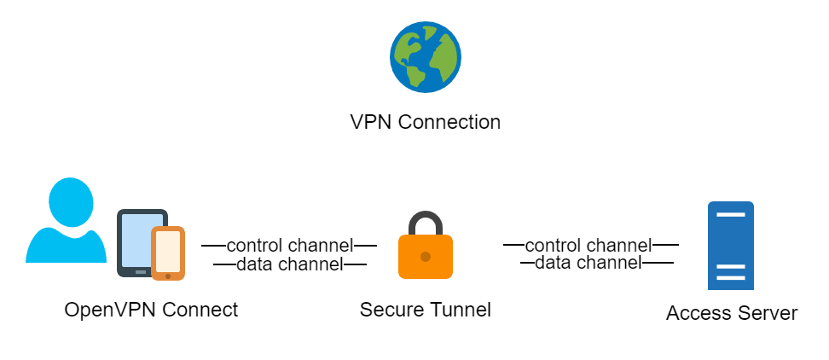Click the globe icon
click(425, 57)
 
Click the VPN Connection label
click(425, 122)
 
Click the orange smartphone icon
click(168, 253)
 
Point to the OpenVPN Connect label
click(151, 309)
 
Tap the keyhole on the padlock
click(425, 256)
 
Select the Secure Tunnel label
click(425, 309)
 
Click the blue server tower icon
click(730, 246)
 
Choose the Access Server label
click(731, 313)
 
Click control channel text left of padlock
click(289, 246)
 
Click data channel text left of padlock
click(289, 264)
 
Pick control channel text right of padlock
click(588, 245)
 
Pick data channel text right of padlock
click(588, 263)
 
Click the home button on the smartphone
click(168, 275)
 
